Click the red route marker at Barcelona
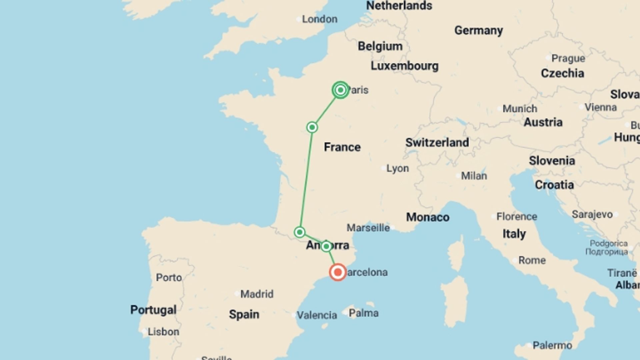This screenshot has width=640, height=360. [x=338, y=272]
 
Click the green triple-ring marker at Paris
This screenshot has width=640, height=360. [x=340, y=90]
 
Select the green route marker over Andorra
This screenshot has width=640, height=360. [x=326, y=246]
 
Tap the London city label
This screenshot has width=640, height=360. [x=319, y=19]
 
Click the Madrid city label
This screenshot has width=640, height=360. [x=257, y=294]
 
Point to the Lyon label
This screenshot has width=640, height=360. [x=397, y=168]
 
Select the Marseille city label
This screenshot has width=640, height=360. [x=368, y=228]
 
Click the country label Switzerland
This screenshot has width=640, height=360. [x=437, y=143]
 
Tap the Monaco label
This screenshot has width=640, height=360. [x=428, y=217]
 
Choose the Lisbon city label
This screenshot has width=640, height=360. [x=163, y=332]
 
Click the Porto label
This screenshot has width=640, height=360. [x=169, y=277]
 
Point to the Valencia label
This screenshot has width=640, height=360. [x=317, y=315]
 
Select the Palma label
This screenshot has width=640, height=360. [x=363, y=313]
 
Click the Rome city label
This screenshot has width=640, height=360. [x=532, y=260]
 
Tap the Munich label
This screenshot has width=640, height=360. [x=520, y=109]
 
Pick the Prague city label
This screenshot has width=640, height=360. [x=568, y=58]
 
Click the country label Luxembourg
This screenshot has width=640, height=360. [x=404, y=66]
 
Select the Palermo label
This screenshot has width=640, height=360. [x=552, y=345]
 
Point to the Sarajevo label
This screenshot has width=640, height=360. [x=592, y=214]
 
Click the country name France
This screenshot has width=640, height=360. [x=342, y=147]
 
